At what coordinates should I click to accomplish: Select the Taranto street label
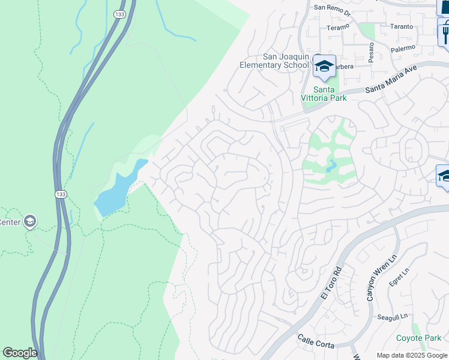point(402,26)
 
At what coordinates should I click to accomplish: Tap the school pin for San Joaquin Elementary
point(324,67)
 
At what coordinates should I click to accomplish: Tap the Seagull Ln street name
point(393,316)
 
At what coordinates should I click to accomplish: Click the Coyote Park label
point(418,338)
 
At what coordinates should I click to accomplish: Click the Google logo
point(20,353)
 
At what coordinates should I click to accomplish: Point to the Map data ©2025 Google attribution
point(412,355)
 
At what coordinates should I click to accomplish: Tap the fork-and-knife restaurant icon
point(444,31)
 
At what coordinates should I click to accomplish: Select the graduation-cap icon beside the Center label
point(29,222)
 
